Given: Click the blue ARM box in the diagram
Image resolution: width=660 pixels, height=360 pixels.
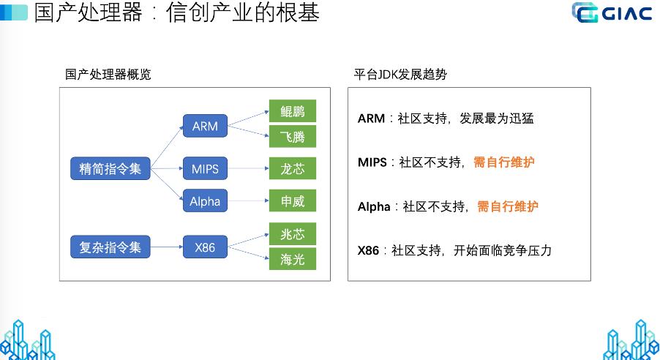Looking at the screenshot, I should tap(205, 126).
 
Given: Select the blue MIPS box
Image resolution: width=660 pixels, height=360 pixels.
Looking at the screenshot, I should tap(205, 169).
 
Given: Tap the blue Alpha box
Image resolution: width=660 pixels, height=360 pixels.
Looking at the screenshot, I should tap(205, 201).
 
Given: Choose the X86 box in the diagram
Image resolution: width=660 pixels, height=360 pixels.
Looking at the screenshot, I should tap(205, 247).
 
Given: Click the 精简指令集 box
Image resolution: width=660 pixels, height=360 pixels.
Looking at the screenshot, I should tap(110, 169).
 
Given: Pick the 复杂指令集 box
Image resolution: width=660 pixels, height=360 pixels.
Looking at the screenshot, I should tap(110, 247).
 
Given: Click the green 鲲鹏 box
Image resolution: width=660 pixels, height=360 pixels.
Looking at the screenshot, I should tap(292, 111).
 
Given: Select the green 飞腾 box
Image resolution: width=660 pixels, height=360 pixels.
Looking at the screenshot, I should tap(292, 136).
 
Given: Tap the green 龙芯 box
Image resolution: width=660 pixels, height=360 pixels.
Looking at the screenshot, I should tap(292, 169).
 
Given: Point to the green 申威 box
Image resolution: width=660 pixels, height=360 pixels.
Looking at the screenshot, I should tap(292, 201).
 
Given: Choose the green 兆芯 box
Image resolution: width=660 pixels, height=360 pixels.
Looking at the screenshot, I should tap(292, 234).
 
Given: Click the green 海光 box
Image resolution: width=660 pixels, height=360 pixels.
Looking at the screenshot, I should tap(292, 259).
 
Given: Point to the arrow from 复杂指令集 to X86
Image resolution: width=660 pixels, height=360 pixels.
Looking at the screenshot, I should tap(166, 247).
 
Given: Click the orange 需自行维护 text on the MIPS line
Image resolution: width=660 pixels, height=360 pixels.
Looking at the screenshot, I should tap(503, 162).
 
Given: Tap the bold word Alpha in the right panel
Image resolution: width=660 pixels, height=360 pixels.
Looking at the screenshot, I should tap(374, 207).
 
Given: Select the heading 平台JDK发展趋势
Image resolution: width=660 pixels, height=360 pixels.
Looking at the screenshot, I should tap(400, 74).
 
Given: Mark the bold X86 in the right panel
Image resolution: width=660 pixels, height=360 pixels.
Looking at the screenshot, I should tap(368, 251).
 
